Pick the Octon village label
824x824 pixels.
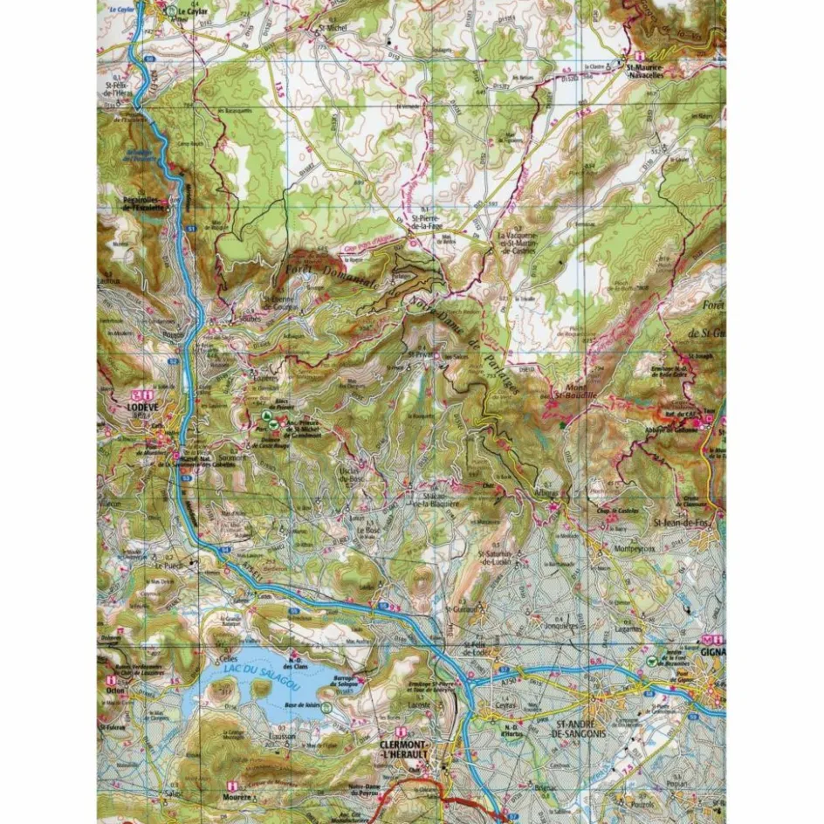coord(114,690)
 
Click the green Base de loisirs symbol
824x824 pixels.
coord(324,708)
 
